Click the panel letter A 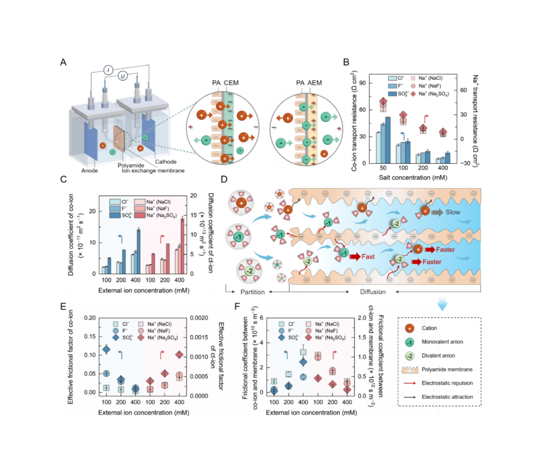coord(63,62)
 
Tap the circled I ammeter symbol coord(108,70)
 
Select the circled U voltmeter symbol coord(123,76)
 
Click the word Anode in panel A coord(89,170)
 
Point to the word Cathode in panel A coord(166,162)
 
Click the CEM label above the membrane coord(231,83)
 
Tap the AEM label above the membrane coord(314,83)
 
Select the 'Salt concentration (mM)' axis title coord(413,177)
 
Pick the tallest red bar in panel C coord(182,246)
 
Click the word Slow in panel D coord(452,212)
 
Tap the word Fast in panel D coord(368,257)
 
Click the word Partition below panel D coord(252,292)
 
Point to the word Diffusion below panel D coord(373,292)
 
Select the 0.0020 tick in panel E coord(199,318)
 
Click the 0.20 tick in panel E coord(90,318)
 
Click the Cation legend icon coord(409,328)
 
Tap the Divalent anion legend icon coord(409,356)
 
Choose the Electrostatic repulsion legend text coord(447,383)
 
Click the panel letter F coord(237,306)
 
